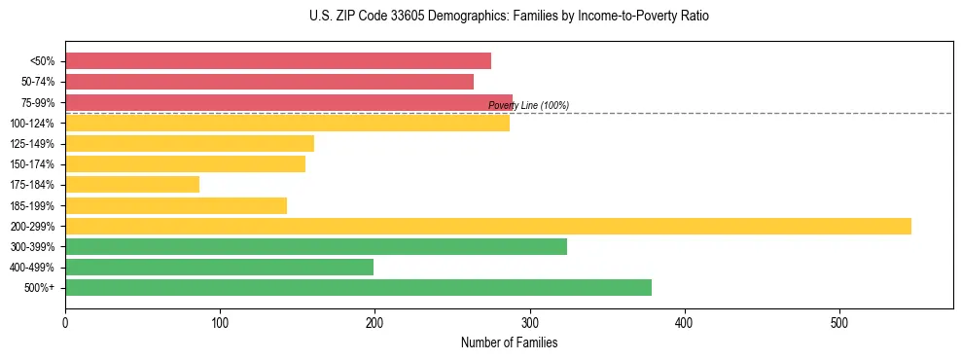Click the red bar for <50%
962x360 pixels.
coord(278,60)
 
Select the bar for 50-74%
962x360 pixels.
coord(269,82)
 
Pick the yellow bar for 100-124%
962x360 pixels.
coord(287,123)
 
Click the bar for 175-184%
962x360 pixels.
coord(132,184)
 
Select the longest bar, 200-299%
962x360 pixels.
coord(488,226)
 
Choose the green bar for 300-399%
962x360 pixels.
coord(316,246)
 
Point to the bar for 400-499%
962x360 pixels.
coord(219,267)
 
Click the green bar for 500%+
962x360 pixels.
coord(358,287)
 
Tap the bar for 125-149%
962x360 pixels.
coord(190,143)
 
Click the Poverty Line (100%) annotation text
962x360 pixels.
coord(528,105)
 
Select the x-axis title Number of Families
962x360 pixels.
coord(509,342)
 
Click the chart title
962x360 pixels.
coord(510,17)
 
